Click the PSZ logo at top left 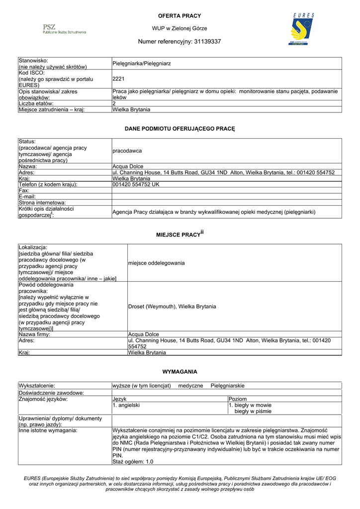[64, 29]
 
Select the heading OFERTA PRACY [180, 16]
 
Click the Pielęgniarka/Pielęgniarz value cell [142, 64]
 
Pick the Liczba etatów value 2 [114, 103]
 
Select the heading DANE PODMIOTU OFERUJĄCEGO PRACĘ [180, 129]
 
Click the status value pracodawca [127, 151]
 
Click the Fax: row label [24, 190]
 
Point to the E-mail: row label [28, 196]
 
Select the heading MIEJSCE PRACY [178, 234]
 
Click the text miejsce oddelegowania [156, 262]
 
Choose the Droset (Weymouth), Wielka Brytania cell [172, 306]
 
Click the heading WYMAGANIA [180, 371]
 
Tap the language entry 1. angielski [126, 405]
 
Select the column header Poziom [238, 399]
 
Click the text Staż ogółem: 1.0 [133, 462]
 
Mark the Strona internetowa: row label [42, 203]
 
